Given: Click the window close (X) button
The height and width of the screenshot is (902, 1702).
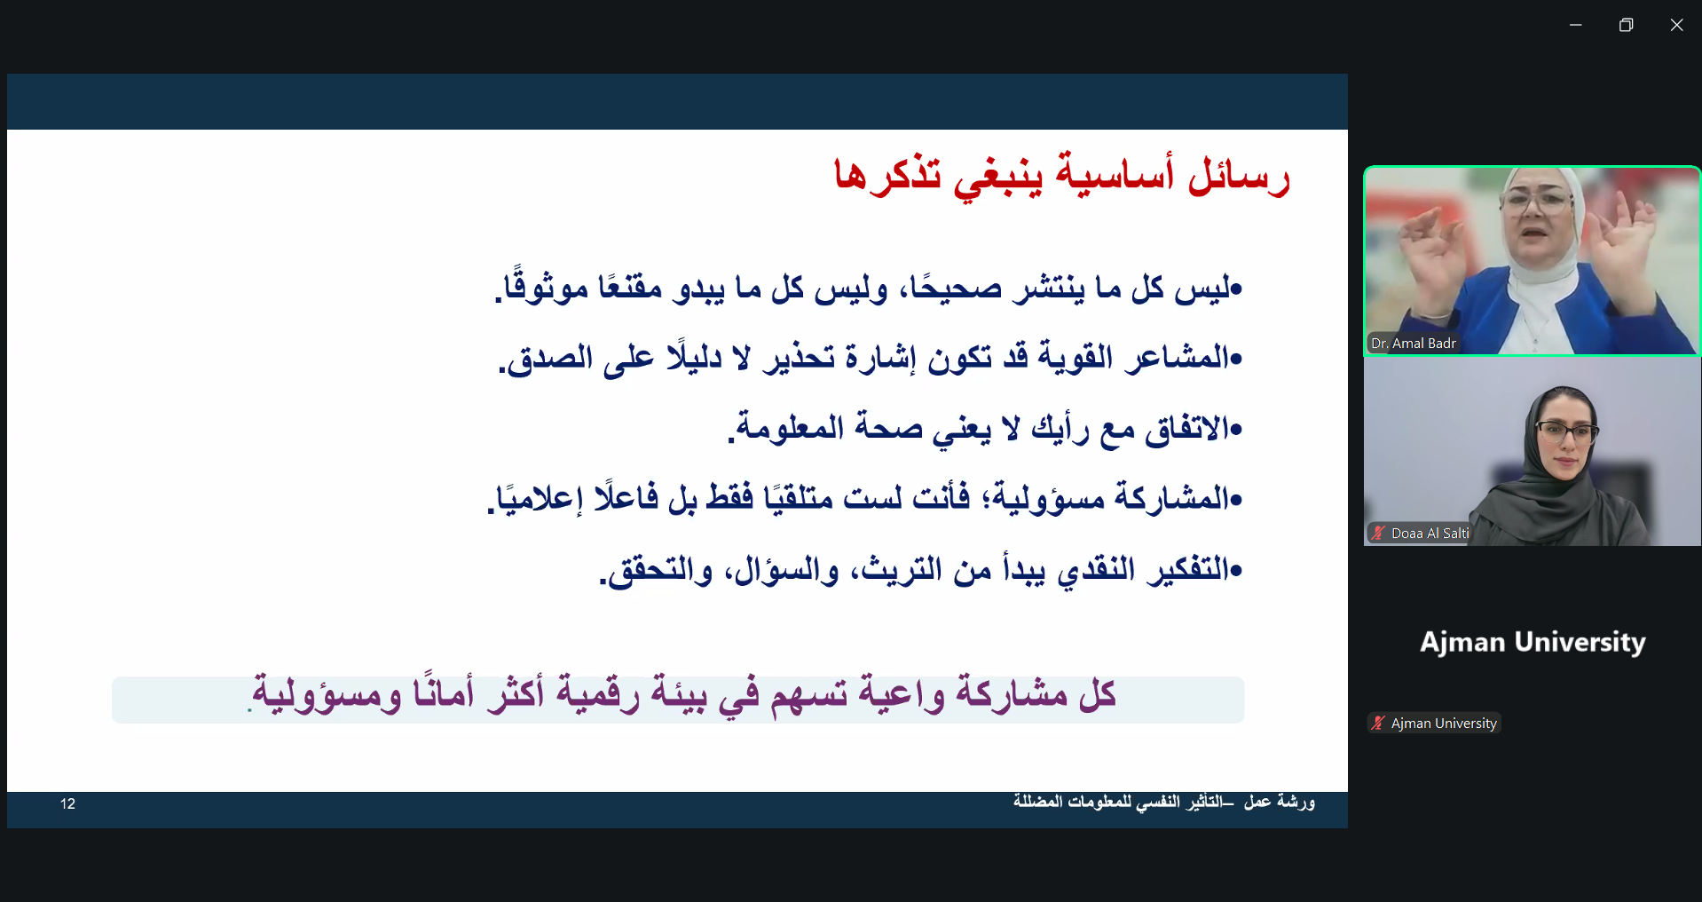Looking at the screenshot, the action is pyautogui.click(x=1676, y=25).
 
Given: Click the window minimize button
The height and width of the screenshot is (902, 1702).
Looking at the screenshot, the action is pyautogui.click(x=1576, y=25).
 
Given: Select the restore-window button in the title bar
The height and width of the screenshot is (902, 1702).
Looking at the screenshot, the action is pyautogui.click(x=1626, y=25).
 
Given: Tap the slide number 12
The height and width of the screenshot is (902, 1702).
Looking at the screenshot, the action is pyautogui.click(x=68, y=803).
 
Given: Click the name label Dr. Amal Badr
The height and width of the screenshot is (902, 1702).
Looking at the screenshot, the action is pyautogui.click(x=1414, y=344).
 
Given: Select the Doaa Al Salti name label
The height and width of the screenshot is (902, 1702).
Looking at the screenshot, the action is pyautogui.click(x=1430, y=534).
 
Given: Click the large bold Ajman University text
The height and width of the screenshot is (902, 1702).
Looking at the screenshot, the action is pyautogui.click(x=1533, y=642).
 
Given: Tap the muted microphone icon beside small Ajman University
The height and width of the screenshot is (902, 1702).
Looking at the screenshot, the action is pyautogui.click(x=1378, y=723).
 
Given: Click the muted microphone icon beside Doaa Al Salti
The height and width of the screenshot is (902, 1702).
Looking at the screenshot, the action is pyautogui.click(x=1378, y=533).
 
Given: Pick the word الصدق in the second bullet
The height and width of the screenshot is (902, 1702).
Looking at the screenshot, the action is pyautogui.click(x=546, y=357).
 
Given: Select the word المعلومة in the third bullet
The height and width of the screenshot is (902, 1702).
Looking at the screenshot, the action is pyautogui.click(x=787, y=427).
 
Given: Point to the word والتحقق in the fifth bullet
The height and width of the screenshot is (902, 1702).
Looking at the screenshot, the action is pyautogui.click(x=657, y=569).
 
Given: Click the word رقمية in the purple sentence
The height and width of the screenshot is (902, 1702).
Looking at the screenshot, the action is pyautogui.click(x=597, y=693).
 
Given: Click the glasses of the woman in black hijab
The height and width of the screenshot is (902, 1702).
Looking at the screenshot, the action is pyautogui.click(x=1567, y=433).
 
